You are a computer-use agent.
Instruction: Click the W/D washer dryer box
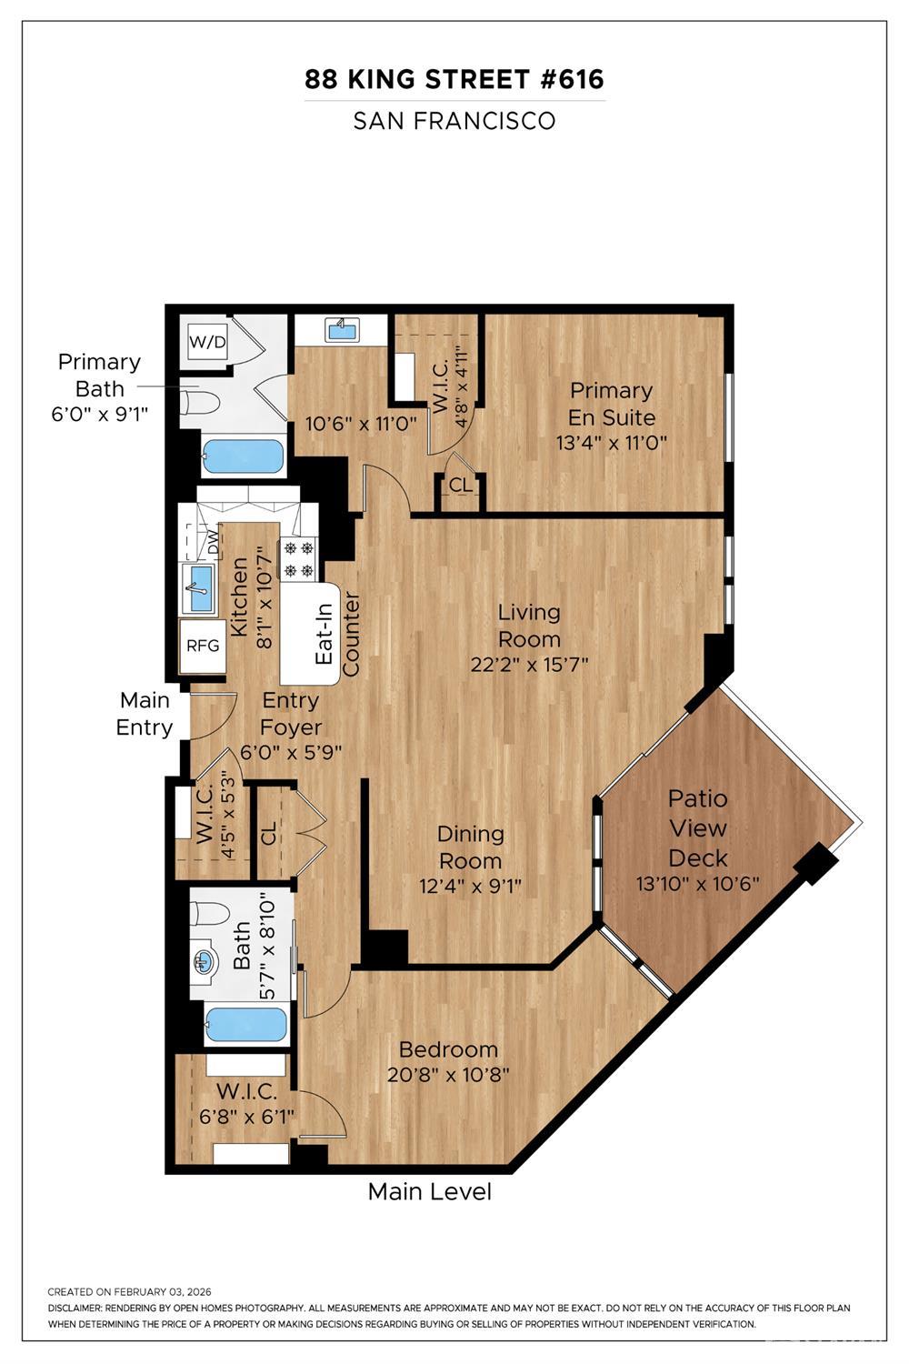(x=206, y=342)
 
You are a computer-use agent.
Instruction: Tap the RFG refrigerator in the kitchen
(x=203, y=646)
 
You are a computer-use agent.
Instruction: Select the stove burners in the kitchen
(x=298, y=558)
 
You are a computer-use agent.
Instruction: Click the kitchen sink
(x=199, y=587)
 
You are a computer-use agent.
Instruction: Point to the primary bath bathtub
(x=242, y=456)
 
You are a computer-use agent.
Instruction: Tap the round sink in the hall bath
(x=205, y=961)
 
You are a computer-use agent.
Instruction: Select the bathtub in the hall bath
(x=245, y=1025)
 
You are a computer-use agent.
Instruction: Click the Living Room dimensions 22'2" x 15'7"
(x=529, y=665)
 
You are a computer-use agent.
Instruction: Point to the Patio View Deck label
(x=698, y=827)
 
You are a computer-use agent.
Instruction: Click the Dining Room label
(x=470, y=847)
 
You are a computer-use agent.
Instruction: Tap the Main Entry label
(x=145, y=714)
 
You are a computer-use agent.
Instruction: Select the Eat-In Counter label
(x=336, y=635)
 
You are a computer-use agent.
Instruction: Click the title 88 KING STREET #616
(x=454, y=80)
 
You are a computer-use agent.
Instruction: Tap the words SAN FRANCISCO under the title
(x=454, y=121)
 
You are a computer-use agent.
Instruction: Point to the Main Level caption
(x=429, y=1191)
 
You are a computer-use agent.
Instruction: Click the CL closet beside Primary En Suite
(x=461, y=486)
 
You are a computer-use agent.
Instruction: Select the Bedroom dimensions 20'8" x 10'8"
(x=448, y=1074)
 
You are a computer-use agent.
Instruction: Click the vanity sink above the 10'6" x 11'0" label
(x=342, y=329)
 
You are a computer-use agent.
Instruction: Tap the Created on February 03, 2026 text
(x=129, y=1291)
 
